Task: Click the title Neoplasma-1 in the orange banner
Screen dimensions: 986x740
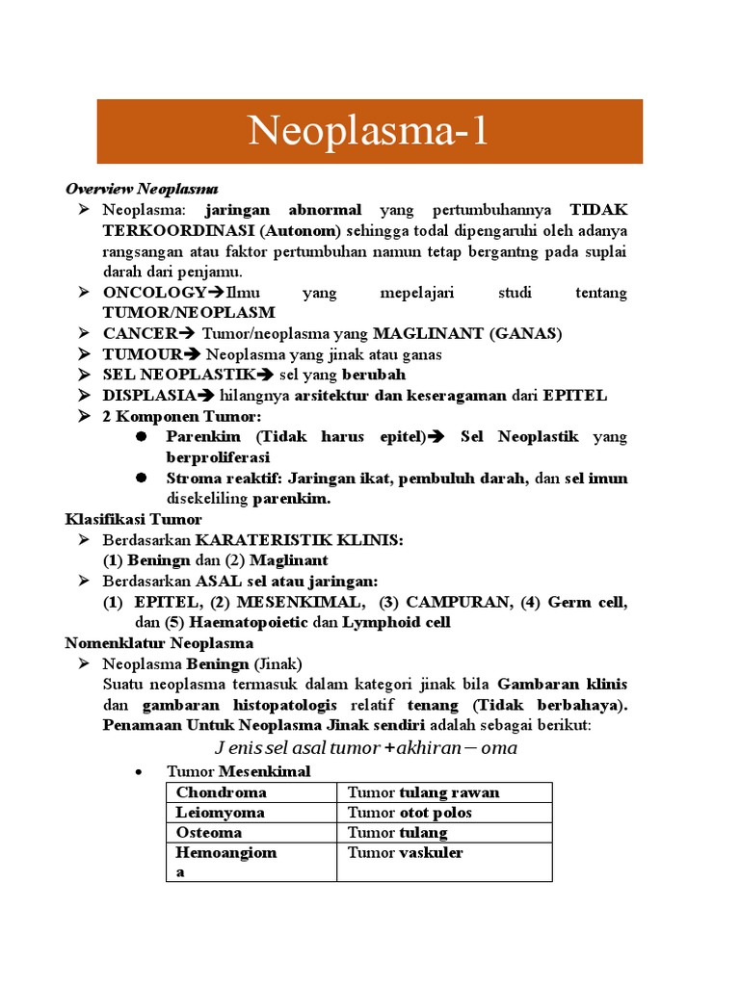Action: tap(369, 131)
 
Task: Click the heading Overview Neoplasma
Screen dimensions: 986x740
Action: tap(142, 189)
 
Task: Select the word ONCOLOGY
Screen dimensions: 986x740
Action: tap(154, 292)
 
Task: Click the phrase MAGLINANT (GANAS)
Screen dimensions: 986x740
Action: tap(467, 333)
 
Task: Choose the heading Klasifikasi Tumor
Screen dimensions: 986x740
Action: tap(133, 519)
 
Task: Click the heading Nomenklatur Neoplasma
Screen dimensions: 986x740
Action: tap(159, 642)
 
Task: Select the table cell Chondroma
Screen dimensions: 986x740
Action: tap(221, 792)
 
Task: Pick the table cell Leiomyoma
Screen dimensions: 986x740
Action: tap(220, 813)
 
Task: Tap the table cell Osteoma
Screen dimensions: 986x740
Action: tap(209, 833)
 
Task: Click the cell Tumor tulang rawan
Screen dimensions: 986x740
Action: tap(423, 792)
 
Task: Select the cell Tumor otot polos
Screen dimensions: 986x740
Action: tap(410, 813)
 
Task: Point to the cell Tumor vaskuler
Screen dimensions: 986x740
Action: tap(405, 853)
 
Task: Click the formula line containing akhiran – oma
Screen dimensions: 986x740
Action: tap(365, 748)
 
